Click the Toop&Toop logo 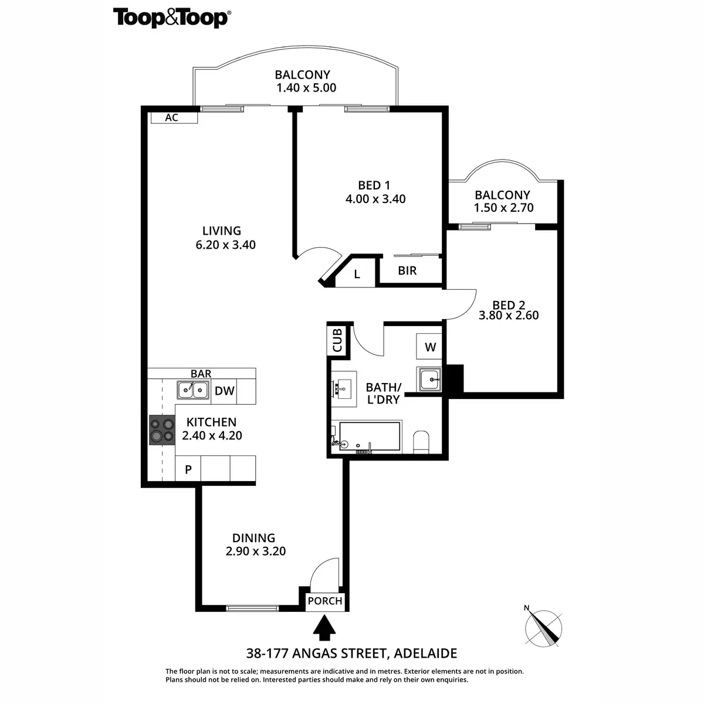click(x=171, y=18)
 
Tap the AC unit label click(x=171, y=118)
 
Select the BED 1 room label click(x=375, y=185)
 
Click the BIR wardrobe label click(x=407, y=270)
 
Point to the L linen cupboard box click(x=357, y=274)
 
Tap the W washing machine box click(x=430, y=347)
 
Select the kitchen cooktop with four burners click(x=162, y=430)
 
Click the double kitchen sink click(x=192, y=390)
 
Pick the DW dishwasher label click(x=225, y=391)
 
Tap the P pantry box click(x=188, y=469)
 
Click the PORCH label click(x=324, y=601)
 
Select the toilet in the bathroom click(x=422, y=442)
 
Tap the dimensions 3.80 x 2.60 click(x=509, y=316)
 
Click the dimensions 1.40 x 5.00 click(x=306, y=89)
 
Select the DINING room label click(x=253, y=538)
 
